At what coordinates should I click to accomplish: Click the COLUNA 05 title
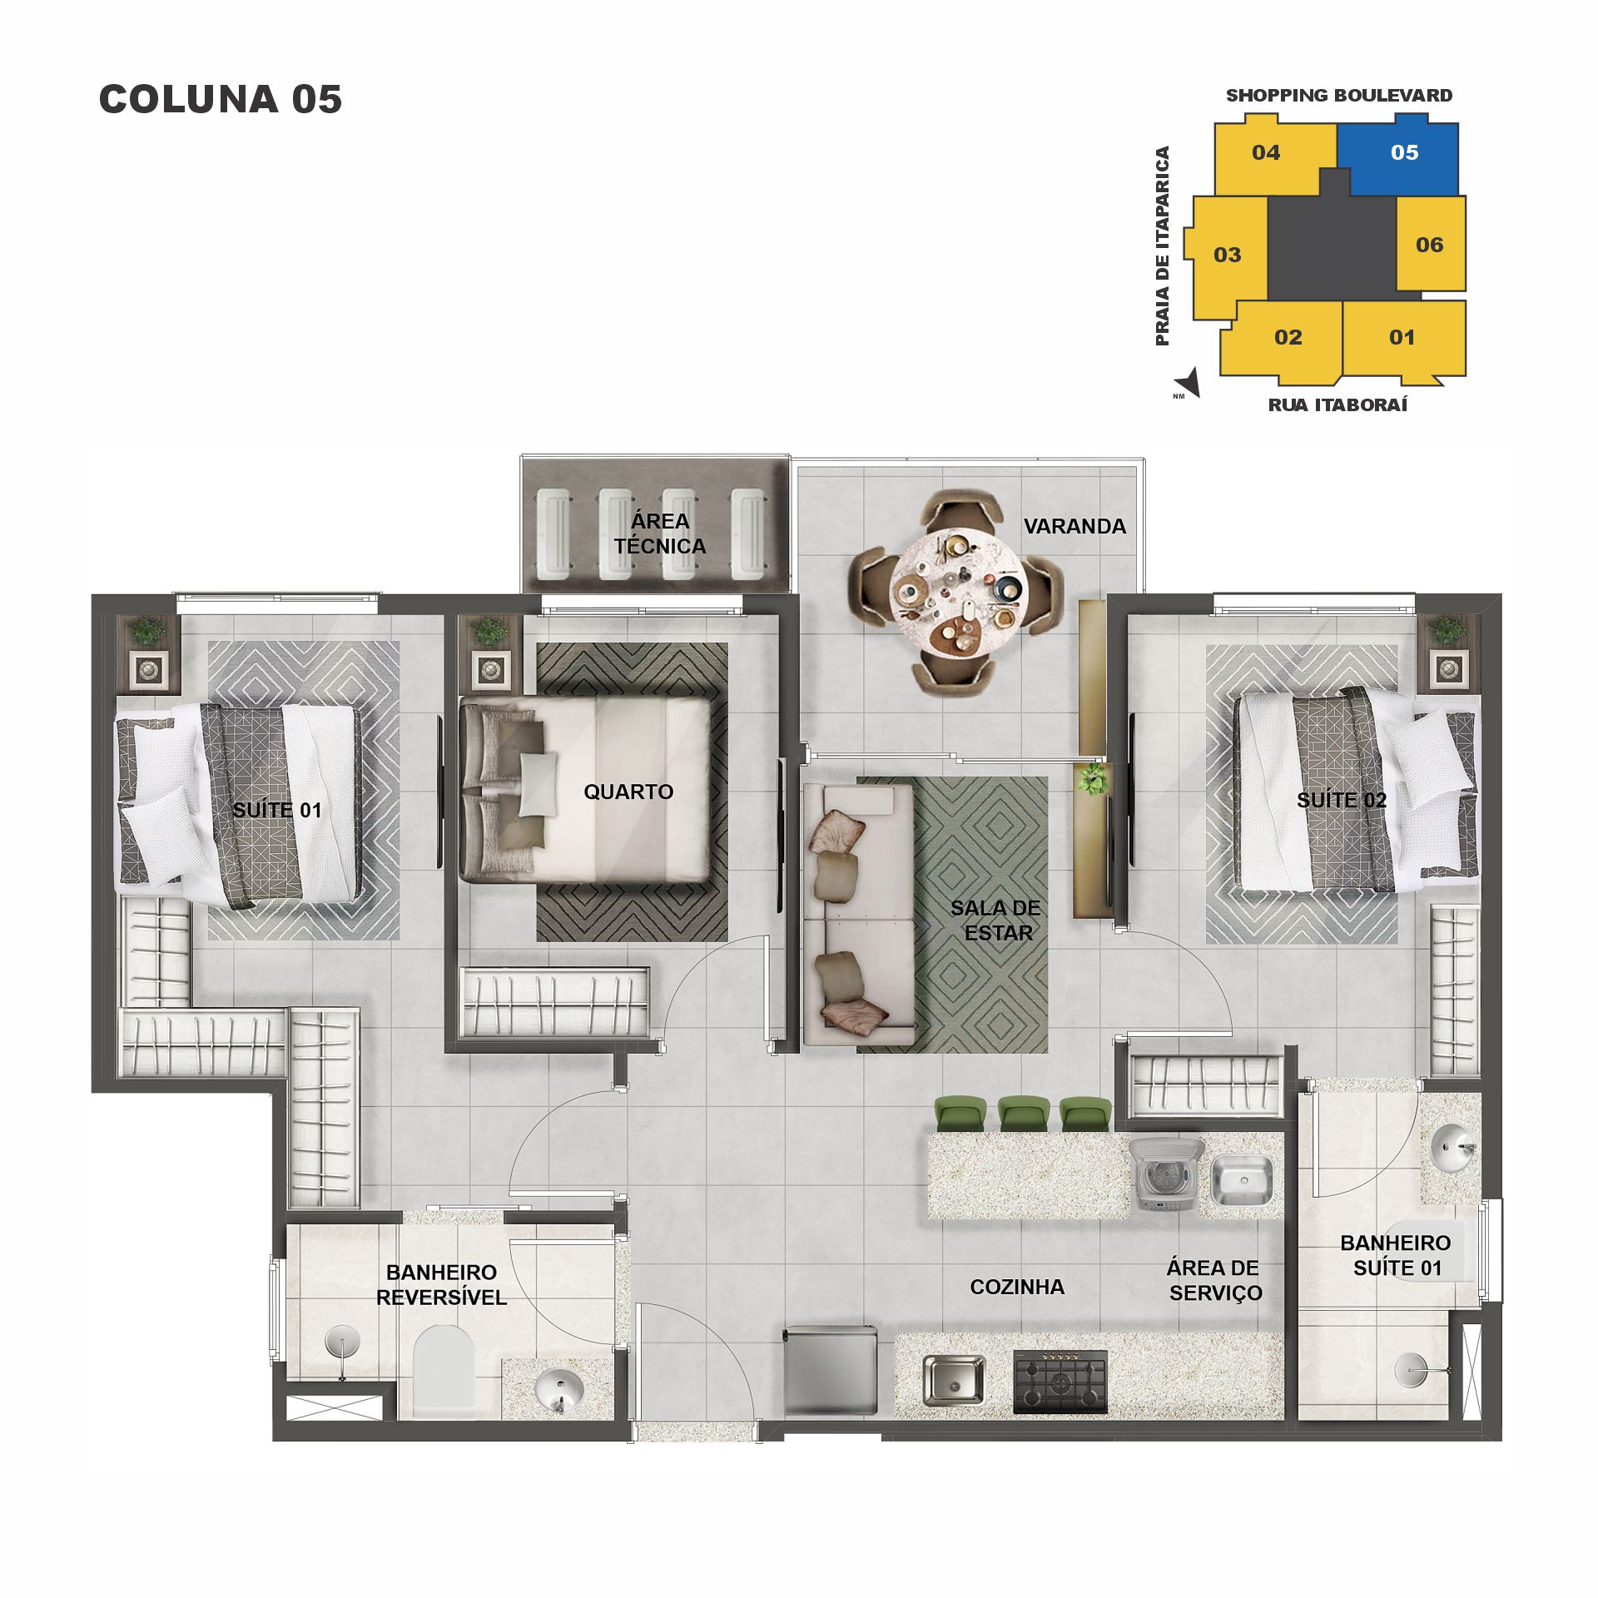[x=221, y=99]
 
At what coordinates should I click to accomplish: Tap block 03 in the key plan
[x=1227, y=255]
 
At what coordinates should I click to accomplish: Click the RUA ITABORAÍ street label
[x=1337, y=405]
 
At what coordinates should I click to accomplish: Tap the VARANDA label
[x=1074, y=526]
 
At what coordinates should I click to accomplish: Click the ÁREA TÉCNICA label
[x=660, y=533]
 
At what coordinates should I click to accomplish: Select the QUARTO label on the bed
[x=628, y=792]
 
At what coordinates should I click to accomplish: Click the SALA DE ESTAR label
[x=996, y=920]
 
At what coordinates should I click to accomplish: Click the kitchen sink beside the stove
[x=954, y=1379]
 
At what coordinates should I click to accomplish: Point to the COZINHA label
[x=1017, y=1287]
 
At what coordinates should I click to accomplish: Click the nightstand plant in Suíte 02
[x=1448, y=630]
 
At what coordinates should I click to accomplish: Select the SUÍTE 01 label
[x=277, y=810]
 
